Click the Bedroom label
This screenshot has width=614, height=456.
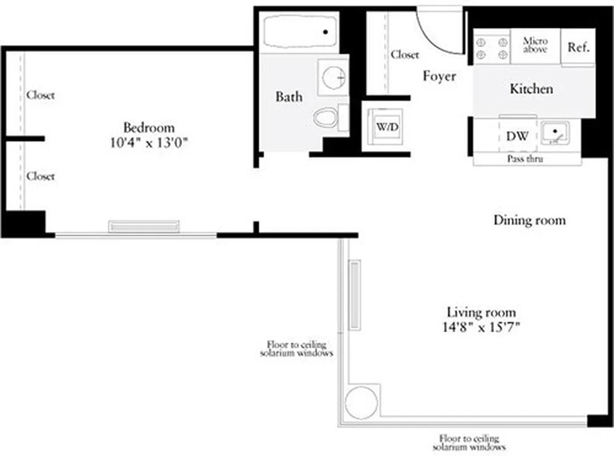pos(149,127)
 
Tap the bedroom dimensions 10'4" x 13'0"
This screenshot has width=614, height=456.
pos(149,142)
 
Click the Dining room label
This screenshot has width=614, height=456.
pos(529,220)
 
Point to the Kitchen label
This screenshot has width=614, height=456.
pos(531,89)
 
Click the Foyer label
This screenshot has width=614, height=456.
pos(439,76)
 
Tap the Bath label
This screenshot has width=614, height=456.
pos(289,96)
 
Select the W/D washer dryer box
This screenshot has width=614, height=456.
pos(387,127)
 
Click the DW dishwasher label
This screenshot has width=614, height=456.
pos(517,136)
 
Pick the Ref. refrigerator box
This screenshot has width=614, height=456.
pos(578,47)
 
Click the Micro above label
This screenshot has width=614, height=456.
pos(535,46)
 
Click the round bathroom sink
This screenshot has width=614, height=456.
pos(334,76)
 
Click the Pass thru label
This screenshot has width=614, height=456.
pos(525,159)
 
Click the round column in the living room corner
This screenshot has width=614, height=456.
pos(361,402)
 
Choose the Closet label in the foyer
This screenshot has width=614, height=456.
pos(405,55)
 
